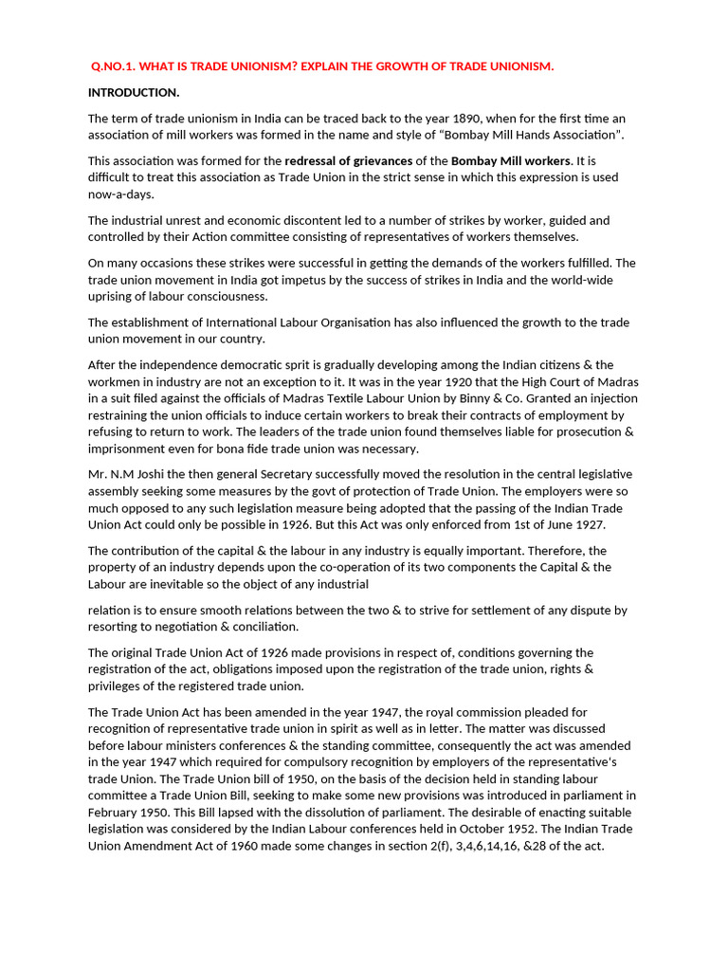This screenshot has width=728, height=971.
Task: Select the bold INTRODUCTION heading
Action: (x=134, y=92)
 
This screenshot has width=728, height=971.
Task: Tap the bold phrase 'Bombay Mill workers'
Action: (x=510, y=161)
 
